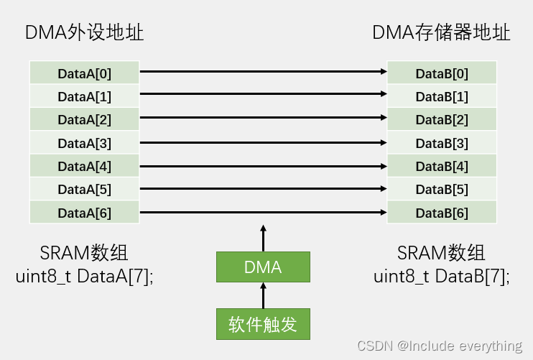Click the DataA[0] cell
click(84, 73)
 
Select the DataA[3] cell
click(84, 143)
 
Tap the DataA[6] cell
click(84, 213)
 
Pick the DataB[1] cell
click(442, 96)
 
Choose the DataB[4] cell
click(442, 166)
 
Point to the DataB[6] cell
click(442, 213)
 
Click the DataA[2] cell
click(84, 119)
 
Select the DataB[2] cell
click(442, 119)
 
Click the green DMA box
click(263, 267)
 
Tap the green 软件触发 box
click(263, 324)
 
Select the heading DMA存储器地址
click(441, 33)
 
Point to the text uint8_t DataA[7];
click(84, 277)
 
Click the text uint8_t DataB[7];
click(442, 277)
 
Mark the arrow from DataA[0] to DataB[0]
click(263, 72)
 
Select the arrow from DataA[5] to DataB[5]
click(263, 189)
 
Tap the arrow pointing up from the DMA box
click(263, 237)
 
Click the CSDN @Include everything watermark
click(440, 346)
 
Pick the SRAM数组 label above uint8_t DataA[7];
click(84, 253)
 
